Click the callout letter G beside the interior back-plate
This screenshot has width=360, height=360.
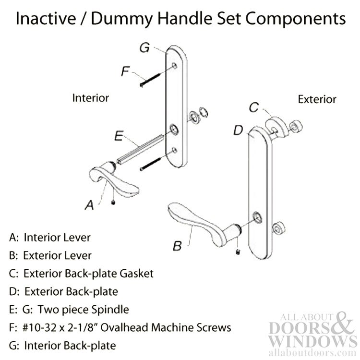click(144, 48)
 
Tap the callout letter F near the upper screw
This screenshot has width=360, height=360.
click(125, 71)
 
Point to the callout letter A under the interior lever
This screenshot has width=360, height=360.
click(89, 205)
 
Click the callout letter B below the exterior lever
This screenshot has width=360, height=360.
click(177, 246)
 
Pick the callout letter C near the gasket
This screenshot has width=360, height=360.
click(254, 108)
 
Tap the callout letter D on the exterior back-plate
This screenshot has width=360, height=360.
click(238, 130)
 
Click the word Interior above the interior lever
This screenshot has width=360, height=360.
click(90, 98)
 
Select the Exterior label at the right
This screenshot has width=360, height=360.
click(317, 99)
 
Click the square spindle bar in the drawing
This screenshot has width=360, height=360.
click(140, 149)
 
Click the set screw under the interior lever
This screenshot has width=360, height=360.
click(113, 202)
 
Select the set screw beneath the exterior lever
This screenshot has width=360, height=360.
click(238, 252)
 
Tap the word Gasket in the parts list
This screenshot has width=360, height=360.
click(137, 274)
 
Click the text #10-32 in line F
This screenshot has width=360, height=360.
click(39, 328)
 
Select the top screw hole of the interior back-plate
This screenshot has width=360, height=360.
click(175, 66)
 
